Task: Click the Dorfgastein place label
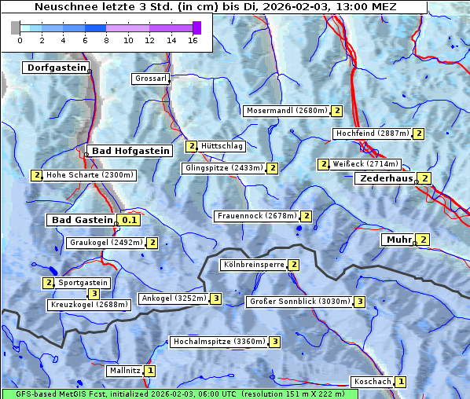54,68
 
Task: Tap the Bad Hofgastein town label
130,151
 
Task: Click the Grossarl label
149,79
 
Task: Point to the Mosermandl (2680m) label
287,111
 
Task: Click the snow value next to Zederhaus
424,178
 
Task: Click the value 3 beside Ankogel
215,298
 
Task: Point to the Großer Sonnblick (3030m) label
299,302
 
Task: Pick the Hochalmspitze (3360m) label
218,342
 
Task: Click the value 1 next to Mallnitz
150,370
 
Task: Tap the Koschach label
373,382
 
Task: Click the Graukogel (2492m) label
105,243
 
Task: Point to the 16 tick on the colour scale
193,39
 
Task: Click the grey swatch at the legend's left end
16,27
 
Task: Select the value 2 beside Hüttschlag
191,146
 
